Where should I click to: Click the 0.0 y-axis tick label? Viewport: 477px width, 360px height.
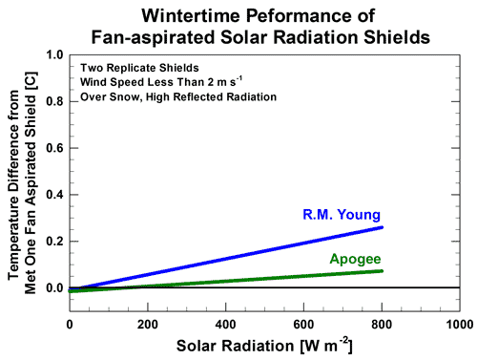(53, 287)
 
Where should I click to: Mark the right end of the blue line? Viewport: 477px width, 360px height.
(382, 227)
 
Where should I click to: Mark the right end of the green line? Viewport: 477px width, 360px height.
(382, 270)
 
